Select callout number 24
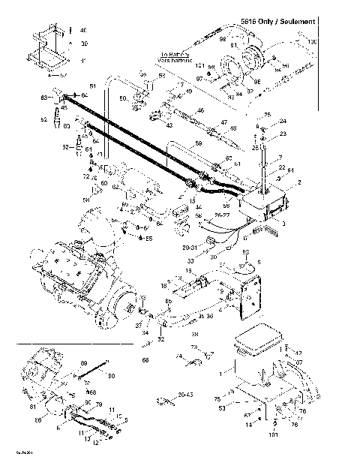[283, 121]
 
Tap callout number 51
[94, 86]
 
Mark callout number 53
[221, 408]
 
